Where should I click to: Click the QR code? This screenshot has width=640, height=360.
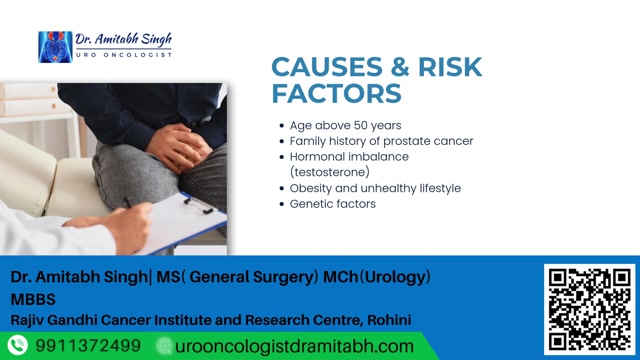point(587,307)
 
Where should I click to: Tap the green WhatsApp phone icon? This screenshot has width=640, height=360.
point(17,346)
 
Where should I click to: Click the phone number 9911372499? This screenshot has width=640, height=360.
point(88,346)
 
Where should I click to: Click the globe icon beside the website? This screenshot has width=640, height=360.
point(165,346)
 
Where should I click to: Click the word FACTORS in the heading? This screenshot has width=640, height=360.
point(337,94)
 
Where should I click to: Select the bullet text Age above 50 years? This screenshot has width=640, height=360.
point(345,126)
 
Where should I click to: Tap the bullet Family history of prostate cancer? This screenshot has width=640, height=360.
point(381,141)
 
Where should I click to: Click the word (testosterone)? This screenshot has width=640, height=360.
point(330,172)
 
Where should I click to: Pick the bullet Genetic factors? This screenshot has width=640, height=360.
point(332,204)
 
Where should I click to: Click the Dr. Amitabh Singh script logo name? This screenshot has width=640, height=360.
point(124,39)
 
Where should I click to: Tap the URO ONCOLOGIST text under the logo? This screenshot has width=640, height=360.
point(124,54)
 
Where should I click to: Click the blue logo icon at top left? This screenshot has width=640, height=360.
point(54,46)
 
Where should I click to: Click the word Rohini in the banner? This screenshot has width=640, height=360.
point(385,320)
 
